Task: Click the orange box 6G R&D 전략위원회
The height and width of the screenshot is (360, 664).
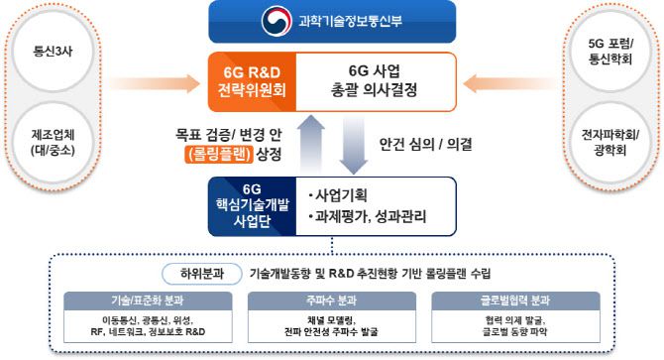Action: tap(252, 79)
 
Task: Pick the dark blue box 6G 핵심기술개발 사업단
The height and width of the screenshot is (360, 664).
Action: tap(250, 205)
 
